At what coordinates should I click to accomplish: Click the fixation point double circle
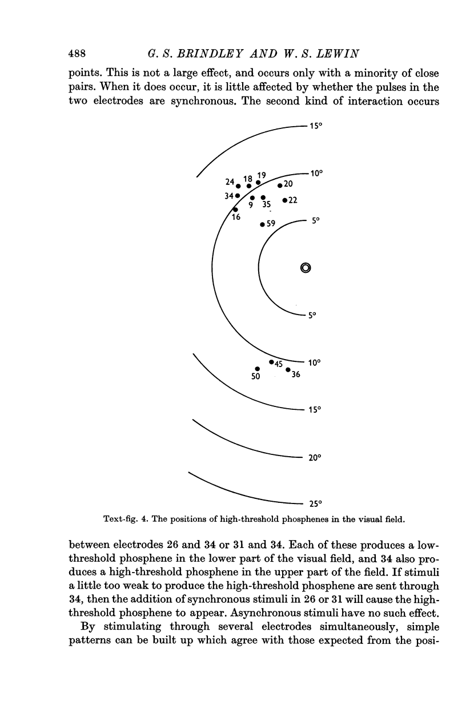tap(305, 268)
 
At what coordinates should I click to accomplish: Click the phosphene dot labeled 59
tap(262, 224)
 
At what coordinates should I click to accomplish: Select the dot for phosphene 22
tap(284, 200)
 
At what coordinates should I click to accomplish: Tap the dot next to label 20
tap(279, 185)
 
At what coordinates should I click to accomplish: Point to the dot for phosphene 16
tap(235, 210)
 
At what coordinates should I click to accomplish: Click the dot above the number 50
tap(258, 368)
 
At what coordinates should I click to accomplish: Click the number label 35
tap(266, 204)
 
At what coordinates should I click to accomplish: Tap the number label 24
tap(230, 182)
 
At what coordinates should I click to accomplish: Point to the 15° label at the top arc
tap(317, 126)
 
